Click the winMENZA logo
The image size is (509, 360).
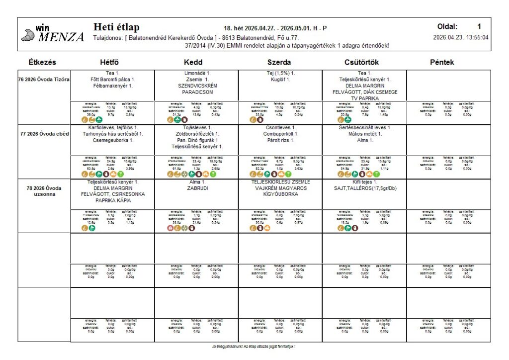coord(52,34)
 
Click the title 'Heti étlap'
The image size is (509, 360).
coord(116,27)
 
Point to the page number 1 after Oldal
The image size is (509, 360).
coord(479,27)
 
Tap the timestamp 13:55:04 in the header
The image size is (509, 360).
coord(476,37)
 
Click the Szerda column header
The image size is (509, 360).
coord(279,63)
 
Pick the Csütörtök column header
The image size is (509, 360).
coord(363,63)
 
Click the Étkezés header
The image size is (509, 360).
coord(42,63)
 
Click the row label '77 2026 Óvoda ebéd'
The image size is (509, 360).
coord(44,134)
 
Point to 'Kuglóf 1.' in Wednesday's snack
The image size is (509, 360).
coord(280,80)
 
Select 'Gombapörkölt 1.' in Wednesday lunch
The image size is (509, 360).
coord(280,134)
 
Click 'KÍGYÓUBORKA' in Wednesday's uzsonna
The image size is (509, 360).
coord(280,195)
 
